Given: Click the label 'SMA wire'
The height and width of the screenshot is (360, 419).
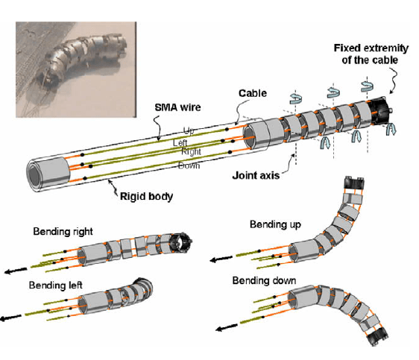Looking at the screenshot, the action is tap(177, 107).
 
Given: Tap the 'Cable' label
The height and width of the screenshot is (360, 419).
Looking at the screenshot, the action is tap(253, 93).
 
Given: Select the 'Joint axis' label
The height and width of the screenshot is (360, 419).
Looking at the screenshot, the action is tap(256, 175).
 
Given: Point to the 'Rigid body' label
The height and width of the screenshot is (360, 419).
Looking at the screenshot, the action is tap(146, 196).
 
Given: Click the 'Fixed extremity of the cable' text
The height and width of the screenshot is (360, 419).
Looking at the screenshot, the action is tap(371, 54).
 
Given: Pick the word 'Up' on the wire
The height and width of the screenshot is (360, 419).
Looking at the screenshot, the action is tap(189, 130).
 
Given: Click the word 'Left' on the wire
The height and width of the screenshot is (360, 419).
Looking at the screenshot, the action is tap(180, 142).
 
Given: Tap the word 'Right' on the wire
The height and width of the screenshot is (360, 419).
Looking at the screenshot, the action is tap(191, 152).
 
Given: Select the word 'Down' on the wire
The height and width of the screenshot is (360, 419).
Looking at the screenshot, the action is tap(189, 165).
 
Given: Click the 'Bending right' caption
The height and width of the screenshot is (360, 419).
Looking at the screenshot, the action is tap(63, 231).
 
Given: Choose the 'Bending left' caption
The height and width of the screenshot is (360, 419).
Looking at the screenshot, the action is tap(56, 285).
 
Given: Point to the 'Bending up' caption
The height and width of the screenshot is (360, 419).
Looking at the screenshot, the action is tap(275, 224).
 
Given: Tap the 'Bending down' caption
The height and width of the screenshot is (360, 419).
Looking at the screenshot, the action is tap(264, 280).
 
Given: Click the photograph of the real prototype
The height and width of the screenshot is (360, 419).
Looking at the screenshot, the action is tap(76, 69).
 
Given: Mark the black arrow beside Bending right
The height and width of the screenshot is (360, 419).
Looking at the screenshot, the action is tap(16, 271).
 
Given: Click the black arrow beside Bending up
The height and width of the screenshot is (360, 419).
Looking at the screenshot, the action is tap(221, 259).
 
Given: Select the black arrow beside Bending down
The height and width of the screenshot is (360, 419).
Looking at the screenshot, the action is tap(227, 327).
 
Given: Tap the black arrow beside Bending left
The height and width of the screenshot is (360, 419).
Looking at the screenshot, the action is tap(10, 318).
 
